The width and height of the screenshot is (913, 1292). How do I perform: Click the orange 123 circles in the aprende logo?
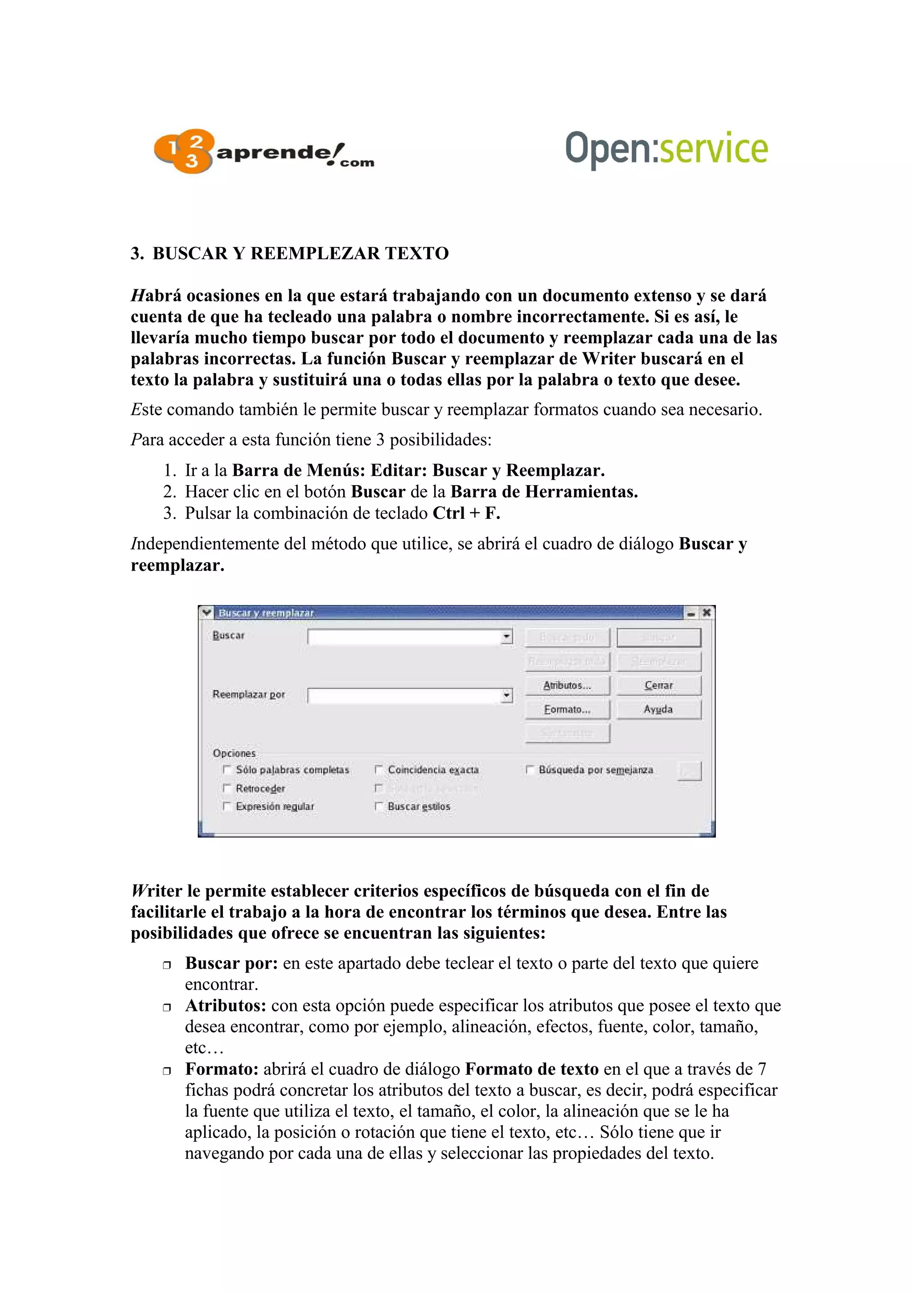183,151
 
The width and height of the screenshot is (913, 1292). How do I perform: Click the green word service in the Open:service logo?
713,148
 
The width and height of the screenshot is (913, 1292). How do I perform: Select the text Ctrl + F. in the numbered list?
466,513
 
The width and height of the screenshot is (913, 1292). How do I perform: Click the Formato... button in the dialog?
567,710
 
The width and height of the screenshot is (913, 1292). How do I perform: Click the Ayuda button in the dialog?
658,710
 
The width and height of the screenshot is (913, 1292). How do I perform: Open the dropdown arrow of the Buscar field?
506,637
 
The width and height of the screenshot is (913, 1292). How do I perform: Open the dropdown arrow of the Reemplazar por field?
506,696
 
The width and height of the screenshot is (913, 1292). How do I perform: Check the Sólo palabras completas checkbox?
227,769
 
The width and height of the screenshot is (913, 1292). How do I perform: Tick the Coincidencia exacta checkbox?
378,769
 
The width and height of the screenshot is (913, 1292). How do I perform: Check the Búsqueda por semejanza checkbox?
529,769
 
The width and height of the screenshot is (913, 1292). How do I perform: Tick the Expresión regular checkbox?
227,806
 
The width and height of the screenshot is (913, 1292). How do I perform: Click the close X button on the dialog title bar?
707,612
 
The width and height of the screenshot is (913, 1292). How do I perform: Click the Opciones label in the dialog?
234,753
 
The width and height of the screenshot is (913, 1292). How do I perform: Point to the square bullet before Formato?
167,1071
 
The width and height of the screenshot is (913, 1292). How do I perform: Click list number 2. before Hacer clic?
169,492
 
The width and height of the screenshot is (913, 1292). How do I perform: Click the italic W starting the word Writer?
138,891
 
